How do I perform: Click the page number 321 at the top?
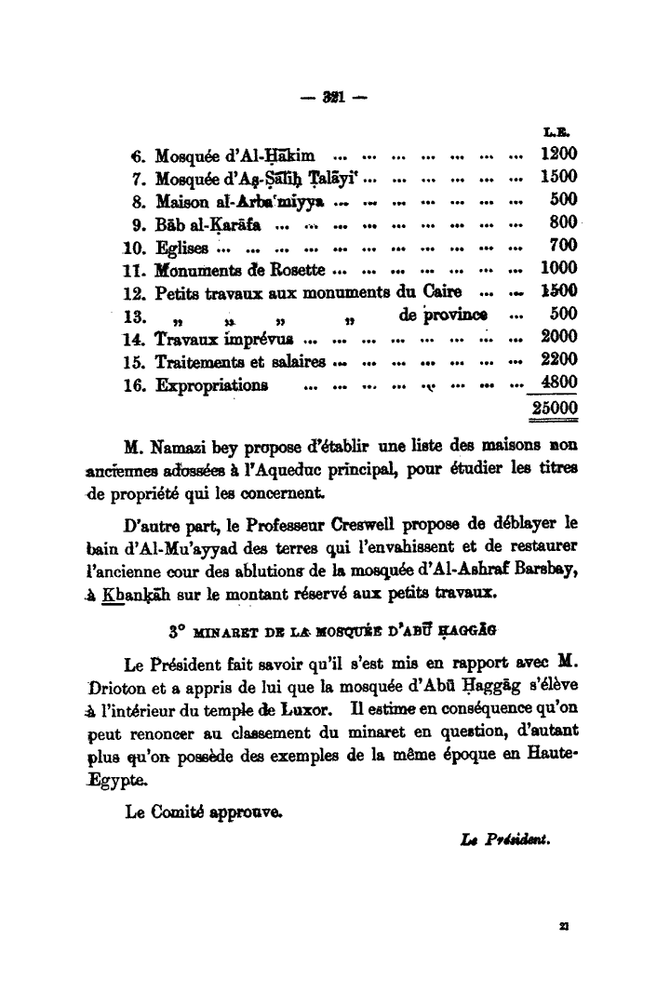coord(328,95)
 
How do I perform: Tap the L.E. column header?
coord(564,134)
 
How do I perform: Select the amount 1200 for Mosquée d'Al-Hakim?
coord(559,154)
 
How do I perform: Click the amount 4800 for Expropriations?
coord(559,382)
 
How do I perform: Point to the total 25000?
coord(555,410)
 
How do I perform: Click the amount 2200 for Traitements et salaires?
coord(559,359)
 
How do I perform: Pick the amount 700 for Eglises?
coord(564,245)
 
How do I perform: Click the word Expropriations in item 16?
coord(212,384)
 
